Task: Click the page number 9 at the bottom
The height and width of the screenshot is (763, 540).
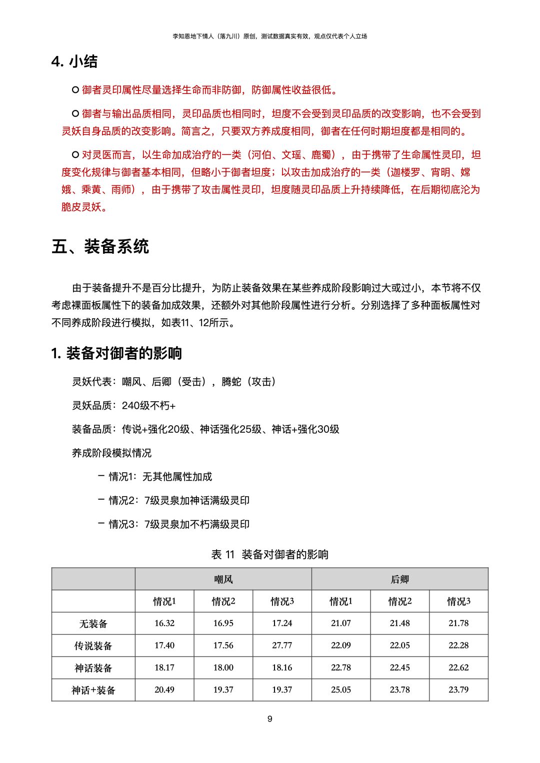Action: [270, 719]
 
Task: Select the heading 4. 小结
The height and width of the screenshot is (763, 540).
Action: [74, 61]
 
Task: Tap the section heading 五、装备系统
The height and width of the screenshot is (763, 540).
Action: [100, 246]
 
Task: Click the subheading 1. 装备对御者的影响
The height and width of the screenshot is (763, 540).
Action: [116, 353]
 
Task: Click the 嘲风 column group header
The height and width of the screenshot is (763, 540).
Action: [223, 579]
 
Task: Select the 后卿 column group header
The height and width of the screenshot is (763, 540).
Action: [399, 579]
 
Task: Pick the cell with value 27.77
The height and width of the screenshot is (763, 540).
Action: [282, 645]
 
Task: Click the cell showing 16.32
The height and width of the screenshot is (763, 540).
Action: [164, 623]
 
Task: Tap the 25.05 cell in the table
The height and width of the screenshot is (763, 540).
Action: [341, 690]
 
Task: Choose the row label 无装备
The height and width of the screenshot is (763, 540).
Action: [93, 624]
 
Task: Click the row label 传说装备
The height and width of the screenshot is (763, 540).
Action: [93, 646]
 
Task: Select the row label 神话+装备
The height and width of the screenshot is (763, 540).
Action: [93, 690]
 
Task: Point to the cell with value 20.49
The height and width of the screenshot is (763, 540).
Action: [164, 690]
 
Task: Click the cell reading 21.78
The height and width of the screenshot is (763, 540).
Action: [458, 623]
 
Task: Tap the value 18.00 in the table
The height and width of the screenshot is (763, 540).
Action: [223, 668]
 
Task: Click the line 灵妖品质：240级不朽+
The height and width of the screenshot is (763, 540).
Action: [123, 405]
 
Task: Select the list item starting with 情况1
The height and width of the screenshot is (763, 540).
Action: [160, 477]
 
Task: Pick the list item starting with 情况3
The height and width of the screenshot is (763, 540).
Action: [178, 524]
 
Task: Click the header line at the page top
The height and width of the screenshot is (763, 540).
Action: [270, 36]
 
